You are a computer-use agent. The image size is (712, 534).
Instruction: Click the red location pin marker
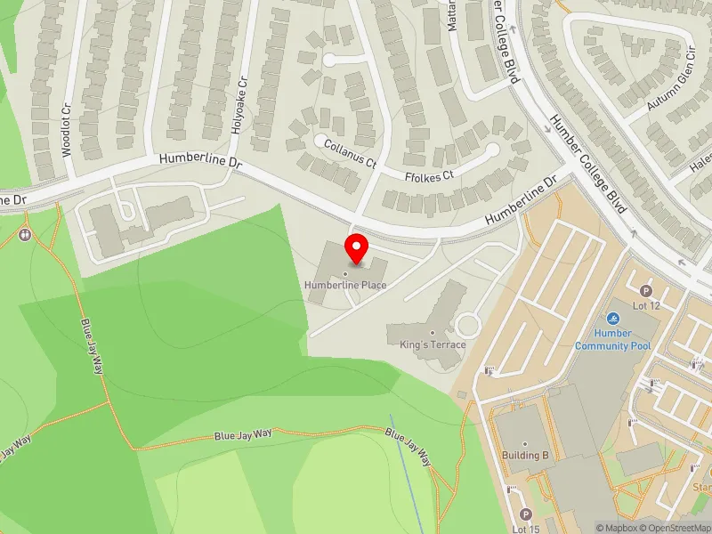click(357, 249)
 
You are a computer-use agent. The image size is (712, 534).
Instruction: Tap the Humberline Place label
click(345, 285)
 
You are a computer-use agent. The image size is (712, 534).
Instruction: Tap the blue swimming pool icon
click(612, 319)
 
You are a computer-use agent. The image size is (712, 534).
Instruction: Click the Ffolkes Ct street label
click(430, 175)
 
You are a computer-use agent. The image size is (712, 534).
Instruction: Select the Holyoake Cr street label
click(239, 105)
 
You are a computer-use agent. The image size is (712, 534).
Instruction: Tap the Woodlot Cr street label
click(67, 130)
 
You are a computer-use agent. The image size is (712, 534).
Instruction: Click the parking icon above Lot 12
click(646, 290)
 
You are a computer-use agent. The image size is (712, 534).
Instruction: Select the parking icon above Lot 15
click(525, 514)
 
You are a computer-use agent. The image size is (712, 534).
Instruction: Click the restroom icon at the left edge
click(25, 235)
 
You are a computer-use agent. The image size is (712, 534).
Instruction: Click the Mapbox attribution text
click(617, 528)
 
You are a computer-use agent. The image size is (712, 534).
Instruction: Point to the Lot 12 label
click(646, 305)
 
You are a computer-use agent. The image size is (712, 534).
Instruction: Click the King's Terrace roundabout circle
click(467, 326)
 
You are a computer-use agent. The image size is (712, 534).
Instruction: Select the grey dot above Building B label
click(524, 444)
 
